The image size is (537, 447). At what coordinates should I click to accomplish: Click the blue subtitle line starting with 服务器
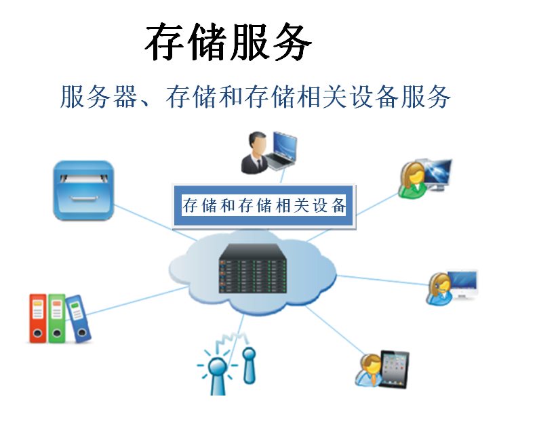pos(255,97)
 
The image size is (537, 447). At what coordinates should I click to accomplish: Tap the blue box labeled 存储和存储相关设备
pos(264,205)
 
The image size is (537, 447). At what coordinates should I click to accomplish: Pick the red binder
pos(38,318)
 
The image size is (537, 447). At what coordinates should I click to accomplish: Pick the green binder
pos(57,317)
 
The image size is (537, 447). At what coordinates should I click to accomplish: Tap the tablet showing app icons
pos(395,368)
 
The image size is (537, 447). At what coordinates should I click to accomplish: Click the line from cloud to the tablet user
pos(332,331)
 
